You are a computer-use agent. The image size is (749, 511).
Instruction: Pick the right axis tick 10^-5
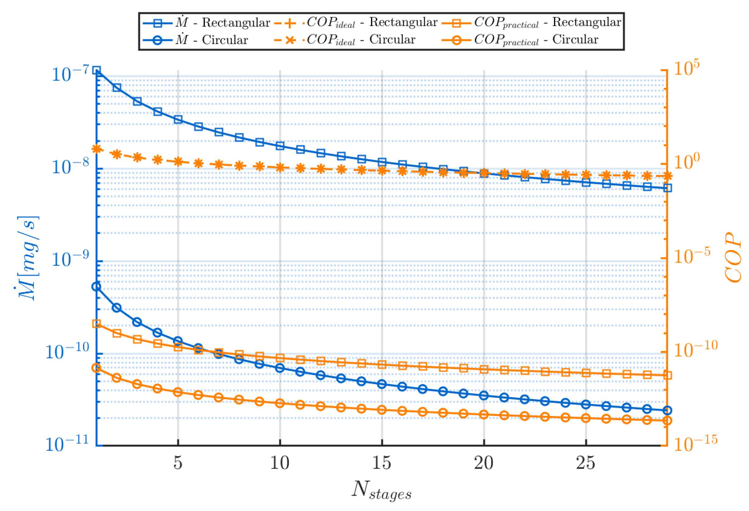pyautogui.click(x=692, y=256)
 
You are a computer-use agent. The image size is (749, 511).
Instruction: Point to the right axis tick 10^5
pyautogui.click(x=686, y=68)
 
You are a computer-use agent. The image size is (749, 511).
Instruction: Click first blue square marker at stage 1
pyautogui.click(x=97, y=70)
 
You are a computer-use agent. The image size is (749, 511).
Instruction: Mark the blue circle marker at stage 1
pyautogui.click(x=97, y=286)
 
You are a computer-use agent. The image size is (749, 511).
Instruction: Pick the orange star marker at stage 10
pyautogui.click(x=280, y=168)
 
